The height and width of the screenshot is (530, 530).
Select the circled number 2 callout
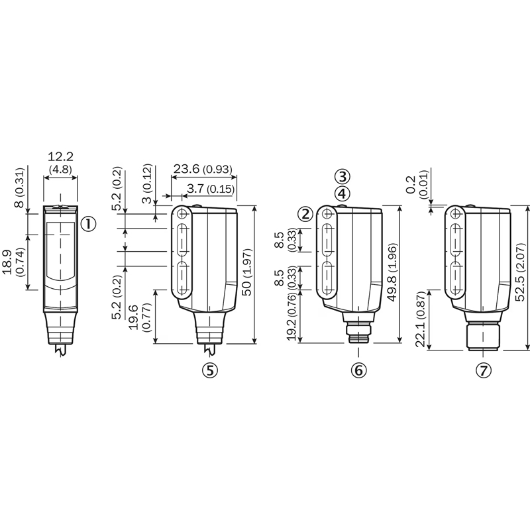[305, 214]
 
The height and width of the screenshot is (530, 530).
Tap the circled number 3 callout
[343, 176]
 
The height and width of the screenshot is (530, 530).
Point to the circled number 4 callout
[343, 193]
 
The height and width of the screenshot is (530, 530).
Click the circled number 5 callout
[210, 370]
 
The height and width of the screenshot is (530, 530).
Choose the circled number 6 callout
[358, 370]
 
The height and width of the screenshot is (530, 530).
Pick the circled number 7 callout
[484, 371]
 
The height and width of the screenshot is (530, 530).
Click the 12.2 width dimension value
[60, 157]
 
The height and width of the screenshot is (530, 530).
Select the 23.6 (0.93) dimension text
[203, 169]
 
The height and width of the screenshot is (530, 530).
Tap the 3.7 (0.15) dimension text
[211, 189]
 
